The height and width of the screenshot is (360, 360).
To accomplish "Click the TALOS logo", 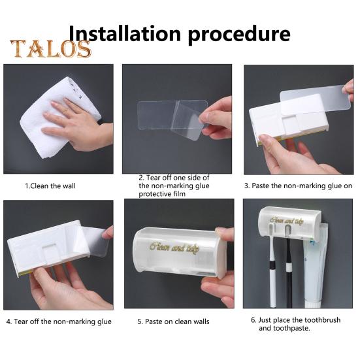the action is (x=51, y=48).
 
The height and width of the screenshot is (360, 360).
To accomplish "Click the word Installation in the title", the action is (x=125, y=34).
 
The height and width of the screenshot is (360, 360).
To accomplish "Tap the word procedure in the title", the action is (x=239, y=35).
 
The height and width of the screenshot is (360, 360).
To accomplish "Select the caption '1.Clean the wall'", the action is (x=50, y=186).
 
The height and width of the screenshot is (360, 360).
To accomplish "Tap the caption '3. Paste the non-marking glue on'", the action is (x=298, y=186).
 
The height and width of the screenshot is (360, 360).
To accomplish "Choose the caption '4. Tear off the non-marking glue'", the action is (x=59, y=321).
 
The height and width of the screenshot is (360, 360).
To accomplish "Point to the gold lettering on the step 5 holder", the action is (x=174, y=248).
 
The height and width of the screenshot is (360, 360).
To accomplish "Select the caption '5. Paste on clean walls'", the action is (x=173, y=321).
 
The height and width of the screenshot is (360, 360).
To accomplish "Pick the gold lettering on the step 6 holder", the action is (x=287, y=221).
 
